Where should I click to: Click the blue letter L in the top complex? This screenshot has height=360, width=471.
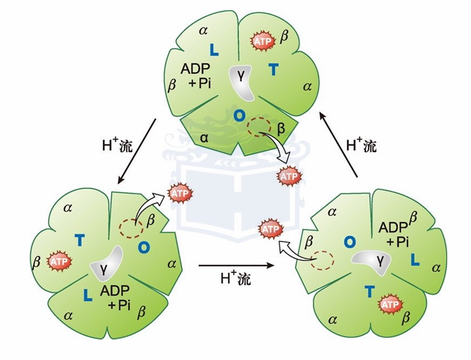(x=214, y=50)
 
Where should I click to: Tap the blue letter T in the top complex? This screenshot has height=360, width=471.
(x=273, y=70)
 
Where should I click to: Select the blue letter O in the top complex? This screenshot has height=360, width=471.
(x=239, y=116)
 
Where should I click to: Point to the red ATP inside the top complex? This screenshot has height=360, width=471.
(x=263, y=41)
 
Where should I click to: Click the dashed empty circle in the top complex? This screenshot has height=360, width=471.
(x=259, y=127)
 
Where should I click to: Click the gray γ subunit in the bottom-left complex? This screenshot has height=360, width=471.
(x=107, y=262)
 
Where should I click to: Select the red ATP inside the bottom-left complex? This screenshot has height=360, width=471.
(x=59, y=261)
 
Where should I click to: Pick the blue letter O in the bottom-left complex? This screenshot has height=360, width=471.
(x=144, y=247)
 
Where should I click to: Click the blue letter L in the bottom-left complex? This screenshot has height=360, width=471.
(x=88, y=295)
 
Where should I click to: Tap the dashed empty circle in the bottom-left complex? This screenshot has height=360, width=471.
(x=131, y=228)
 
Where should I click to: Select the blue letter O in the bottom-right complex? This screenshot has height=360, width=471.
(x=350, y=242)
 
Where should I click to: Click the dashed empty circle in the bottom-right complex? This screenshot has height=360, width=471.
(x=322, y=261)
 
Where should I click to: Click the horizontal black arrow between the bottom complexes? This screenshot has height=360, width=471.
(x=236, y=265)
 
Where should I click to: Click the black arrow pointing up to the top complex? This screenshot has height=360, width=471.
(x=338, y=144)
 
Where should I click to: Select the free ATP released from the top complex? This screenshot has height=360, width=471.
(x=289, y=176)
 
